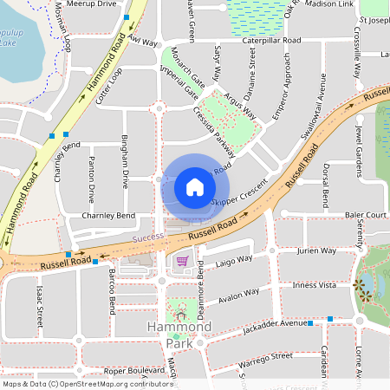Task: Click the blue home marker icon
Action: [195, 187]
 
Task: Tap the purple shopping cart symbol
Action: [182, 261]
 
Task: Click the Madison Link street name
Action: [329, 4]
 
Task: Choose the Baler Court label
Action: [364, 214]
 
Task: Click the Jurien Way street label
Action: [315, 250]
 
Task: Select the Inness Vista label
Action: [316, 284]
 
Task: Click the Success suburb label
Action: [147, 237]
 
